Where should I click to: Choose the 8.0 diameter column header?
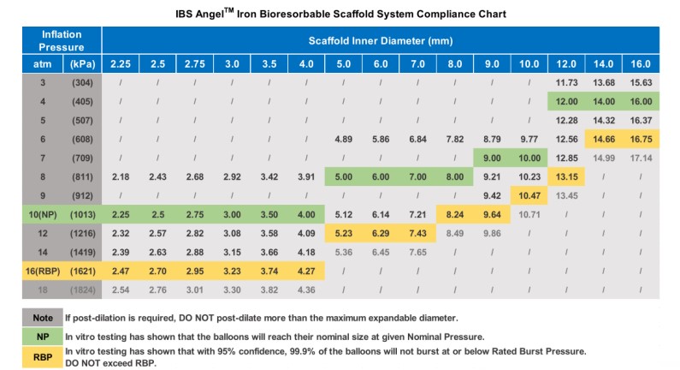click(454, 63)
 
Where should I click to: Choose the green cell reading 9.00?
click(492, 158)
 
